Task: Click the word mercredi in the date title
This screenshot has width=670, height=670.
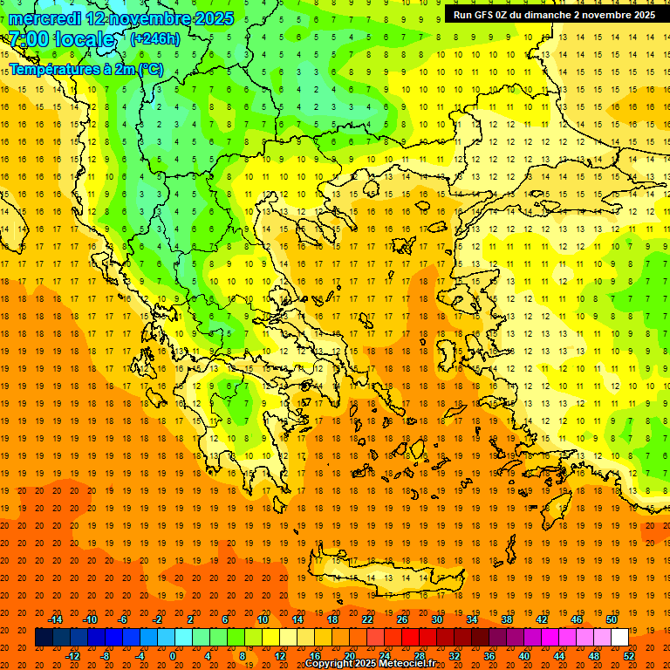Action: pyautogui.click(x=46, y=18)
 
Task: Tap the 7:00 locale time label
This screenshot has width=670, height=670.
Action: pyautogui.click(x=62, y=39)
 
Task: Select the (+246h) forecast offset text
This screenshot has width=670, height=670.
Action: pyautogui.click(x=154, y=38)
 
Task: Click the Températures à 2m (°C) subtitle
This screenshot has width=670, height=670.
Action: pyautogui.click(x=86, y=69)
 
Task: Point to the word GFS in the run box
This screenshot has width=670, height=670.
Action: pyautogui.click(x=483, y=15)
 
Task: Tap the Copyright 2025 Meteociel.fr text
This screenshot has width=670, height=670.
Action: pyautogui.click(x=371, y=664)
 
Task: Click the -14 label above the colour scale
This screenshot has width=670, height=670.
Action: pyautogui.click(x=55, y=619)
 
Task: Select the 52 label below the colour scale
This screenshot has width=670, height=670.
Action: pyautogui.click(x=629, y=655)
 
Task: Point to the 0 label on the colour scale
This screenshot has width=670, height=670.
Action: pyautogui.click(x=173, y=655)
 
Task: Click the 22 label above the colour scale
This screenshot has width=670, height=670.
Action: pyautogui.click(x=367, y=619)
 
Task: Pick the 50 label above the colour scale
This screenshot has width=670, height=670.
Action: pyautogui.click(x=612, y=619)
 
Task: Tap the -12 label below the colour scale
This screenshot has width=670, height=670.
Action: pyautogui.click(x=72, y=655)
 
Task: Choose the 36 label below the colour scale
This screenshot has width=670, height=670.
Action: pyautogui.click(x=489, y=655)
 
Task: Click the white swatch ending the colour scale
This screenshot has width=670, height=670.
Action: pyautogui.click(x=619, y=637)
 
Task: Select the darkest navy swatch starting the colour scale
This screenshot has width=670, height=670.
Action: pyautogui.click(x=44, y=637)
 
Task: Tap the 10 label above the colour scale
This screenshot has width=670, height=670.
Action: pyautogui.click(x=263, y=619)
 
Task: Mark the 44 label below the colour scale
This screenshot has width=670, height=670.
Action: pyautogui.click(x=559, y=655)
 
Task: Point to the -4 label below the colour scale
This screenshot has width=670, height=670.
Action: pyautogui.click(x=140, y=655)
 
